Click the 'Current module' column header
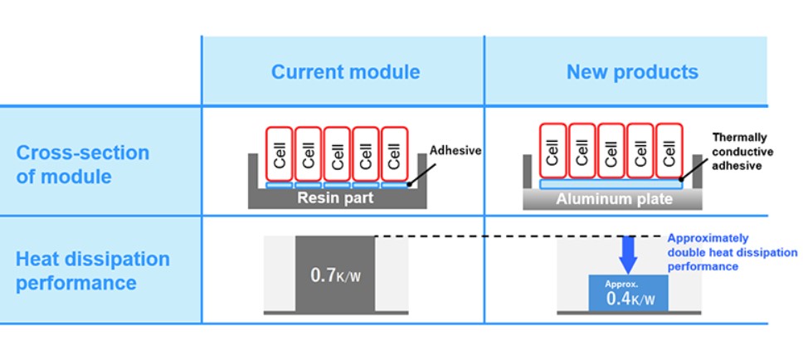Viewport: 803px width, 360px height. click(345, 72)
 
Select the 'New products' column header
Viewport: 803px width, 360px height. click(632, 72)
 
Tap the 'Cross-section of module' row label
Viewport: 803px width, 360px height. click(83, 164)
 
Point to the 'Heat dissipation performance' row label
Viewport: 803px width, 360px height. click(92, 270)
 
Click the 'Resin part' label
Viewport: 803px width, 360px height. click(337, 198)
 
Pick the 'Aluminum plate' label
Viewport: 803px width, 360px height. click(614, 199)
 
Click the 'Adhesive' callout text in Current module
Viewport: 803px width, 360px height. click(455, 150)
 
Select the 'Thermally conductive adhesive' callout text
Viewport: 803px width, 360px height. click(742, 151)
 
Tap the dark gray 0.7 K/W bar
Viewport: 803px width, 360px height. click(335, 273)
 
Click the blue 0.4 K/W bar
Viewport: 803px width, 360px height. click(628, 293)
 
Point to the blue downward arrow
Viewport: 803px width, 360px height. click(628, 254)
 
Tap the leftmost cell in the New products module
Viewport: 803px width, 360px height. click(553, 150)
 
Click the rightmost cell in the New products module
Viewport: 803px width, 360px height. click(669, 150)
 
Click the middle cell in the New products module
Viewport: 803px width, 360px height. click(611, 150)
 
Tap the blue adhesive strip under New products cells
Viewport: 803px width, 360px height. click(611, 183)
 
